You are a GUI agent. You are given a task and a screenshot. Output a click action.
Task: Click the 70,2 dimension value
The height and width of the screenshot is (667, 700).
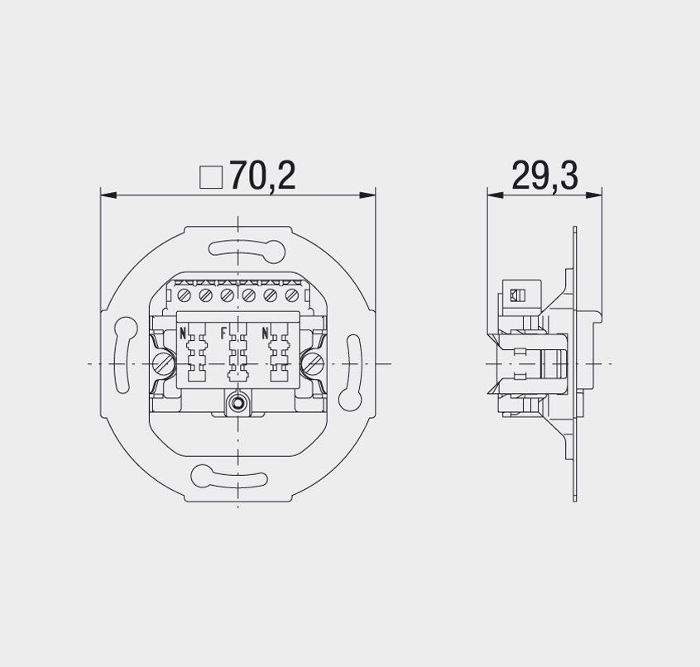(262, 175)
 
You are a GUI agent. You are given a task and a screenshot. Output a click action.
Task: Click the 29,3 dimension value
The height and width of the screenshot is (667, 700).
(544, 175)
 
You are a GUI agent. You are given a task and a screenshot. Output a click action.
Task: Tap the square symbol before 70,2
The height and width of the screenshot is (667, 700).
(211, 178)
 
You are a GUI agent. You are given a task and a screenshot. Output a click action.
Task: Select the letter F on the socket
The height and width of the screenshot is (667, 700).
(223, 333)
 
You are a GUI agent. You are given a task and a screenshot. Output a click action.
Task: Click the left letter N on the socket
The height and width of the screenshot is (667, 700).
(183, 333)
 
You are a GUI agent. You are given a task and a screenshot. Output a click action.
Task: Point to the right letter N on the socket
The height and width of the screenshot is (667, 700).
(265, 333)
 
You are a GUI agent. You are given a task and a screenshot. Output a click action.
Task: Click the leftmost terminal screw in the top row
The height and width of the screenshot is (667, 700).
(185, 295)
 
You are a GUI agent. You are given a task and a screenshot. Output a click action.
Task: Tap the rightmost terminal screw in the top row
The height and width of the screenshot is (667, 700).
(291, 295)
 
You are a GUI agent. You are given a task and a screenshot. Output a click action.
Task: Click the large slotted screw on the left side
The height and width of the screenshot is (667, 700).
(162, 364)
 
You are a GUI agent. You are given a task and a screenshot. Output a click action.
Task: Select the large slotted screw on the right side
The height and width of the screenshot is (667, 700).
(314, 363)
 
